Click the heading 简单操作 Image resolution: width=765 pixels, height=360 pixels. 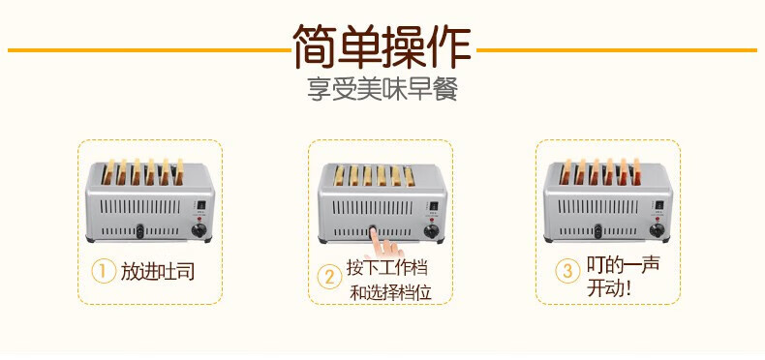[x=382, y=46]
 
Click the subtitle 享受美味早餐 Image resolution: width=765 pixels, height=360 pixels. [x=382, y=89]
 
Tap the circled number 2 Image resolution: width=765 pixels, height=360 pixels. [x=330, y=278]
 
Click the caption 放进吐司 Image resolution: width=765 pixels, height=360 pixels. [x=158, y=271]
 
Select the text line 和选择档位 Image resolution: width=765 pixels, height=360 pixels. [x=391, y=292]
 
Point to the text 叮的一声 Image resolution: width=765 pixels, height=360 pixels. [x=623, y=265]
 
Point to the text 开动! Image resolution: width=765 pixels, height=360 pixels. [x=609, y=288]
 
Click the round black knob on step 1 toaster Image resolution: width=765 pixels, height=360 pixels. [x=199, y=230]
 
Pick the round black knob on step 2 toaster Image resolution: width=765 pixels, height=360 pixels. [x=431, y=231]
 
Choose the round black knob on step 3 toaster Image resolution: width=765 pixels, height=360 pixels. [x=657, y=230]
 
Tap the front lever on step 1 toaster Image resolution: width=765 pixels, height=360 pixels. [x=140, y=231]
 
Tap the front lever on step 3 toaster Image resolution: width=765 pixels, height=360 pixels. [x=598, y=231]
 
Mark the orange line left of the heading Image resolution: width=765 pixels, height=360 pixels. [x=149, y=50]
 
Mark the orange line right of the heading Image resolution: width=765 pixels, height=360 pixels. [x=617, y=50]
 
